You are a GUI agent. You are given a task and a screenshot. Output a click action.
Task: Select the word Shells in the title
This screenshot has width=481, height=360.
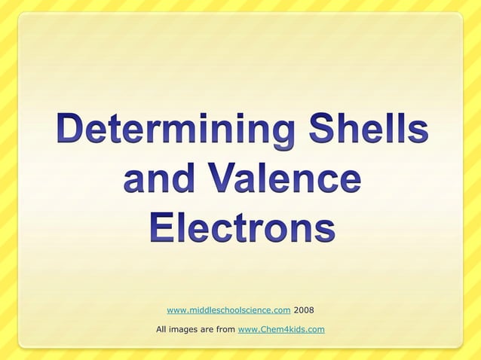(366, 131)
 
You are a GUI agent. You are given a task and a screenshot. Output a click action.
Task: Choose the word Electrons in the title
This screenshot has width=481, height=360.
(241, 227)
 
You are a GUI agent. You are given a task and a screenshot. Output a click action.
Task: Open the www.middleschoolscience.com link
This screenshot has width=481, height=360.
(228, 310)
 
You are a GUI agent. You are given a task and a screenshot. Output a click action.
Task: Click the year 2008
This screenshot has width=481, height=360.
(304, 310)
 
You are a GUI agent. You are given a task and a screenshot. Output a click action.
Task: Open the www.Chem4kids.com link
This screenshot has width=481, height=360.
(281, 329)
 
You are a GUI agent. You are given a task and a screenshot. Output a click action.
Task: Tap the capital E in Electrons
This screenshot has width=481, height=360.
(161, 227)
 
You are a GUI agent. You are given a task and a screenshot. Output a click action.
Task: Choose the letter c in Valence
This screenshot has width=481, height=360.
(326, 182)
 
